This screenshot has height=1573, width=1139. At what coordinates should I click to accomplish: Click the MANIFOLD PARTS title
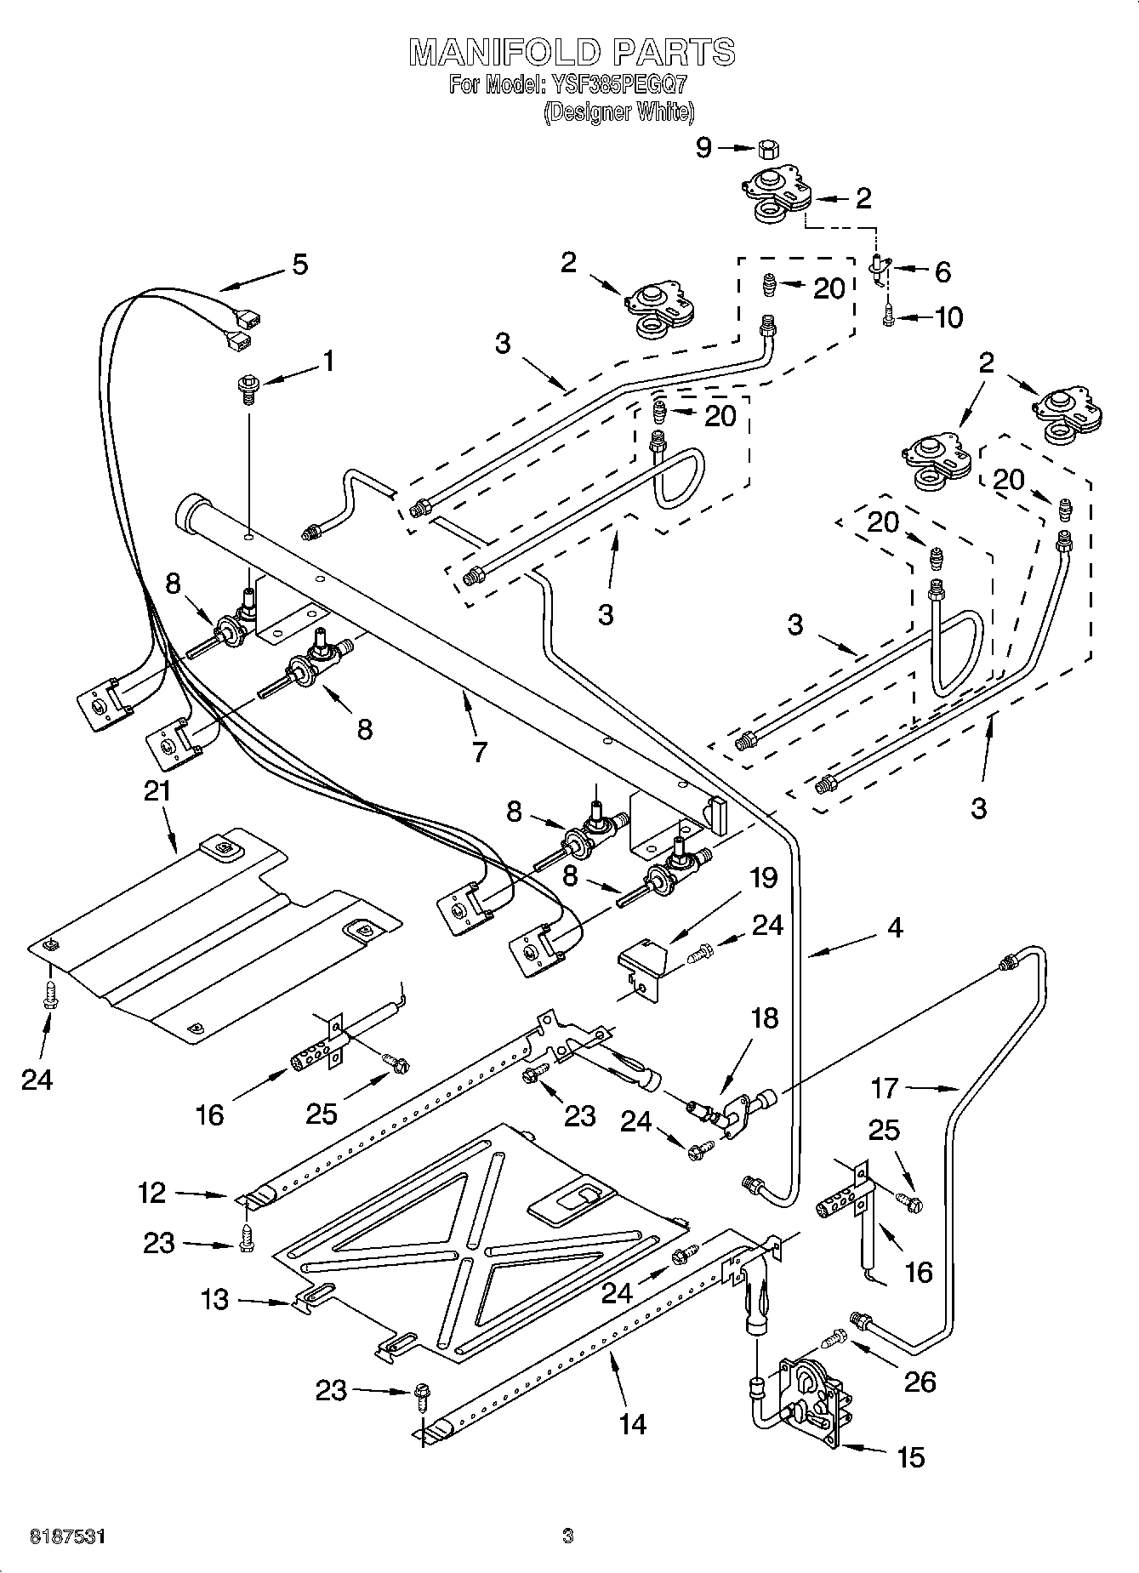[x=572, y=53]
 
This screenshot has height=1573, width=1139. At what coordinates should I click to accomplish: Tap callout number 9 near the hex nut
[x=703, y=148]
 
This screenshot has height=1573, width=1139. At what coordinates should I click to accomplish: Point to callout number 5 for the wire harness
[x=299, y=265]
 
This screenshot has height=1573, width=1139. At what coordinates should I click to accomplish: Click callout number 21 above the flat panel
[x=157, y=791]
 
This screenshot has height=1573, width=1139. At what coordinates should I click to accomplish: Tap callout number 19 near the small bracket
[x=764, y=877]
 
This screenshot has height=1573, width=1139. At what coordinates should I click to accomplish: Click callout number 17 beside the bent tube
[x=885, y=1087]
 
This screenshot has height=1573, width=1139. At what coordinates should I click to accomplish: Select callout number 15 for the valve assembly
[x=910, y=1456]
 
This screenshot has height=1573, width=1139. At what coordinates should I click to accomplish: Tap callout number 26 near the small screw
[x=919, y=1381]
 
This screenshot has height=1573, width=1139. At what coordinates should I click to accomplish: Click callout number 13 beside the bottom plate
[x=215, y=1299]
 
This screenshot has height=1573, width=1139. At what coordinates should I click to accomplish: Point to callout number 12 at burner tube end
[x=152, y=1193]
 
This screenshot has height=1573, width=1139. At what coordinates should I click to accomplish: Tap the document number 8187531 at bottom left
[x=68, y=1536]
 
